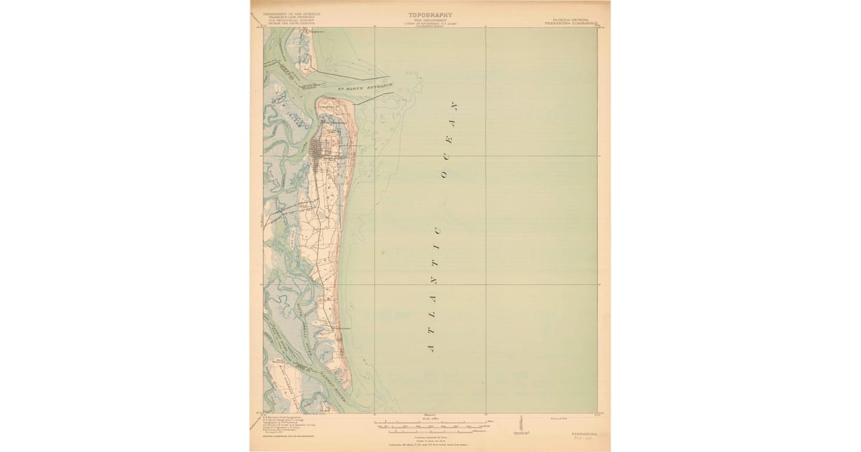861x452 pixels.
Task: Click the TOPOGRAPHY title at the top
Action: [x=430, y=14]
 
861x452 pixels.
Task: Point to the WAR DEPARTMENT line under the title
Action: [x=430, y=19]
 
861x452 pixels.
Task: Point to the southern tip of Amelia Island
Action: [x=347, y=387]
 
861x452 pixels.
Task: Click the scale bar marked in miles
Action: [x=430, y=422]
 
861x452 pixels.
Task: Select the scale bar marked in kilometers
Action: [x=430, y=430]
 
